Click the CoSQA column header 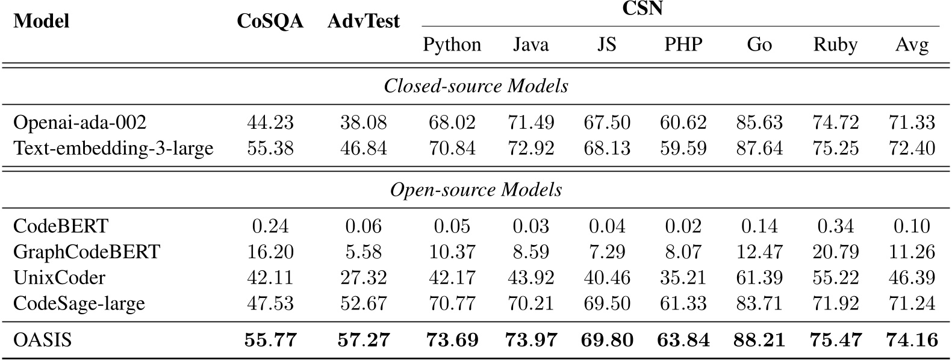270,22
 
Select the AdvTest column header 363,22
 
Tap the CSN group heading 641,10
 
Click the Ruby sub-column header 835,45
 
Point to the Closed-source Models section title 476,86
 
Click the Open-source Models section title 476,190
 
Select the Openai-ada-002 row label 79,123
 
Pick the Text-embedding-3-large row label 113,147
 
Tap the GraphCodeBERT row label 87,251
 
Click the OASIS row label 42,340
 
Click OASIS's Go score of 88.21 759,340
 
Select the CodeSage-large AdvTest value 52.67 363,303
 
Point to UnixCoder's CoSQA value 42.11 270,277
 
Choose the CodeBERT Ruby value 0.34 836,226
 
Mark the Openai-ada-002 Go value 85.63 759,123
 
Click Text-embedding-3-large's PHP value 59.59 683,147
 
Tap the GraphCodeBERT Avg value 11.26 912,251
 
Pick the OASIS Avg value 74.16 912,340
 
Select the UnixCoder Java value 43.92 530,277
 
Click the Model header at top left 41,22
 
